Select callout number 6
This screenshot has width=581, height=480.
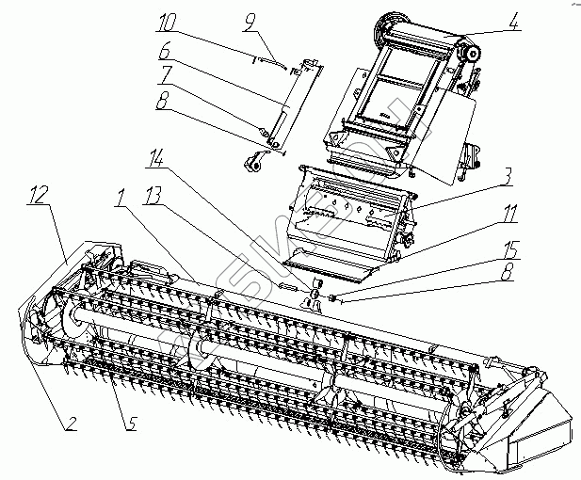pos(164,50)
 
